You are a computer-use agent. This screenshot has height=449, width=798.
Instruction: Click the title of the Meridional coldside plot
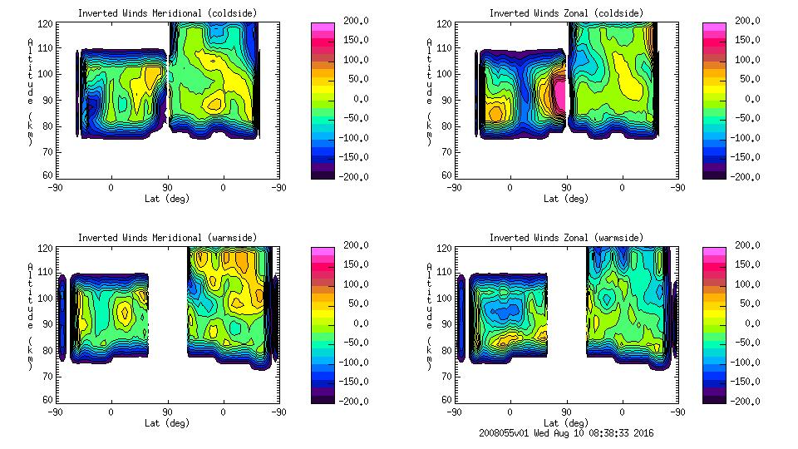click(167, 13)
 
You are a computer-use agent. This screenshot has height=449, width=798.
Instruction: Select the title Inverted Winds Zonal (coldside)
click(566, 13)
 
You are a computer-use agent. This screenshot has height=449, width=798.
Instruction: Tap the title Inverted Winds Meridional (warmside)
click(167, 238)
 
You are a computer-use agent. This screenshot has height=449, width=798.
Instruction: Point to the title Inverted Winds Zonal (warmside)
click(566, 238)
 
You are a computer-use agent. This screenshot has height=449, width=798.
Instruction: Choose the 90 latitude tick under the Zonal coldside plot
click(567, 188)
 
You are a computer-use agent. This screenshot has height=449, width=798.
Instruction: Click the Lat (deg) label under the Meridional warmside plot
click(167, 422)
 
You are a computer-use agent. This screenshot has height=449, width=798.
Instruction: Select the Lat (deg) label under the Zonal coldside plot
click(566, 199)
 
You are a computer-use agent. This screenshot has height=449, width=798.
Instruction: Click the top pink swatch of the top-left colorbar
click(322, 27)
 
